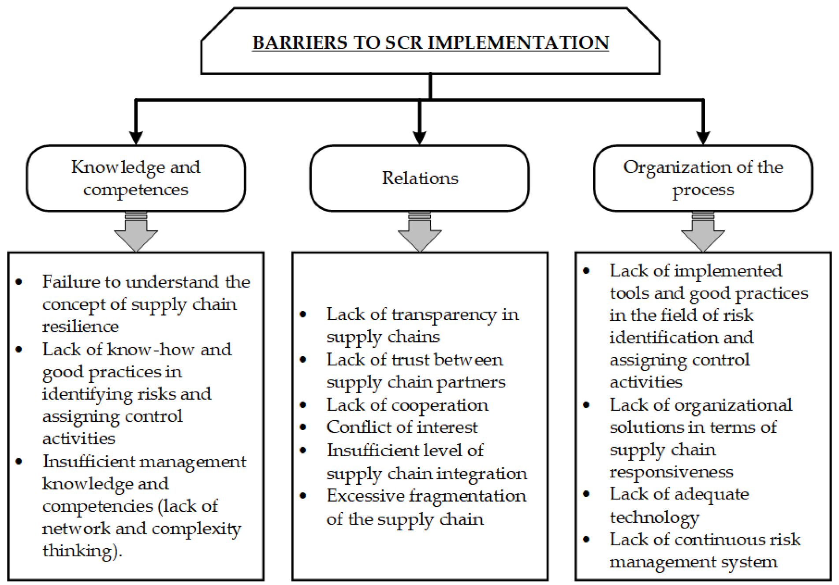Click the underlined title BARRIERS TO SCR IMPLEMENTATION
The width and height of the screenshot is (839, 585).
click(x=430, y=43)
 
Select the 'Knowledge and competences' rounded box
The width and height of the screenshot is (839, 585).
click(x=136, y=178)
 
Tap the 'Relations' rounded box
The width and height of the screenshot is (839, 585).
click(x=420, y=178)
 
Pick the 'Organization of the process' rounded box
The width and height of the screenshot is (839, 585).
click(x=703, y=178)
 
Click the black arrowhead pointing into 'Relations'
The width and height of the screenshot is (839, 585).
click(x=420, y=138)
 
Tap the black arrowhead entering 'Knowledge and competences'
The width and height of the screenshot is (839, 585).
click(x=136, y=138)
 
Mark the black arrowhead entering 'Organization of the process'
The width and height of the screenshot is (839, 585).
click(x=703, y=138)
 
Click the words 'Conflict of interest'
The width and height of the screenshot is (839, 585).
click(x=402, y=427)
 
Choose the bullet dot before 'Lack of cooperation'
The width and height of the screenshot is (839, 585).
click(x=303, y=405)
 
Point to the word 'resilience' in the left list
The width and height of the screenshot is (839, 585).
click(x=80, y=327)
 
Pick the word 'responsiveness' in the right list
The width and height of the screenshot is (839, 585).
click(x=671, y=472)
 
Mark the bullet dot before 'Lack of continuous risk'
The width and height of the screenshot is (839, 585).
click(x=586, y=540)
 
